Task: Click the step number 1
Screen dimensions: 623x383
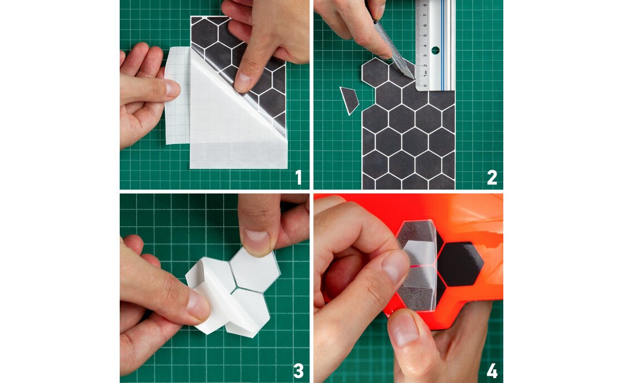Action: tap(299, 177)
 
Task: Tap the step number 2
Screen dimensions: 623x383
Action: tap(492, 177)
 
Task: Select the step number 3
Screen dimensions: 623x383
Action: tap(298, 371)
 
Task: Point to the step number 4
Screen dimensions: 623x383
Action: tap(492, 371)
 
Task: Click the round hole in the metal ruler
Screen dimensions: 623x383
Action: tap(435, 51)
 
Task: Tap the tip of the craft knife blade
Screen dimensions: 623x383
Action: tap(414, 79)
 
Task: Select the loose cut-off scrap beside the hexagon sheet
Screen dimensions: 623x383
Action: tap(349, 101)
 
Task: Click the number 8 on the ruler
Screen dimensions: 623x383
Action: tap(425, 6)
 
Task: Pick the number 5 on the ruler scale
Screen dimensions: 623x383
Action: tap(425, 36)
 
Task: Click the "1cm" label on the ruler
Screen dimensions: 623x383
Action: tap(425, 74)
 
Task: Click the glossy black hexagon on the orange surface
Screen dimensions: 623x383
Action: tap(460, 264)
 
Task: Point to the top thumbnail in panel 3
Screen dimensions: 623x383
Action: tap(257, 242)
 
